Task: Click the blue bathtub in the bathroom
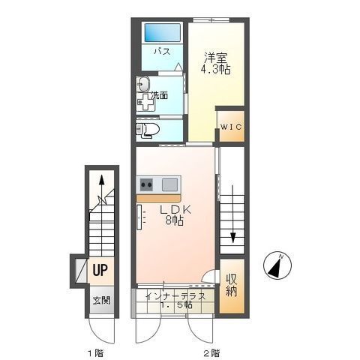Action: click(x=163, y=33)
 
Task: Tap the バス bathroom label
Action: click(x=162, y=52)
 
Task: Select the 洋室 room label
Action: click(x=215, y=58)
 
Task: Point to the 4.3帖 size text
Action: click(x=215, y=69)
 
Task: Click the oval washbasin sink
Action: click(x=143, y=84)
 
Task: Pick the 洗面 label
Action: click(x=160, y=95)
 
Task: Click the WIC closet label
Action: click(x=231, y=127)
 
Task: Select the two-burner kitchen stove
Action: click(x=146, y=184)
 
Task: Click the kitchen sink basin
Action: click(x=169, y=184)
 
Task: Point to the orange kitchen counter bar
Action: click(x=158, y=198)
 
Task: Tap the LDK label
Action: click(x=175, y=210)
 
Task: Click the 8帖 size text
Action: click(x=174, y=220)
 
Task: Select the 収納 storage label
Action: click(x=232, y=285)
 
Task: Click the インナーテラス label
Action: click(x=175, y=296)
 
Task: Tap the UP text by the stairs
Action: click(x=100, y=270)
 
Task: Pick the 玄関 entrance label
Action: click(x=101, y=300)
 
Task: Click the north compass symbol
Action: click(x=277, y=265)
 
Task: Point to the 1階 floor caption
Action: click(x=95, y=353)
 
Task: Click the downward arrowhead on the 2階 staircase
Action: click(x=233, y=238)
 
